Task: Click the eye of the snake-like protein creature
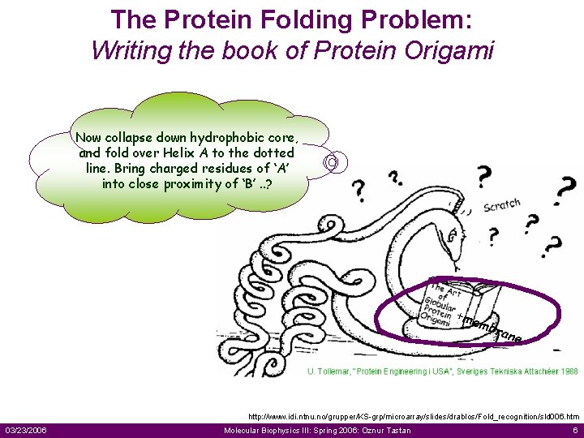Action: [x=452, y=232]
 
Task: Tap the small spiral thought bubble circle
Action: [x=332, y=163]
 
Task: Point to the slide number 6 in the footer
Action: [x=574, y=430]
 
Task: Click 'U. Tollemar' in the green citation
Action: [x=328, y=371]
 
